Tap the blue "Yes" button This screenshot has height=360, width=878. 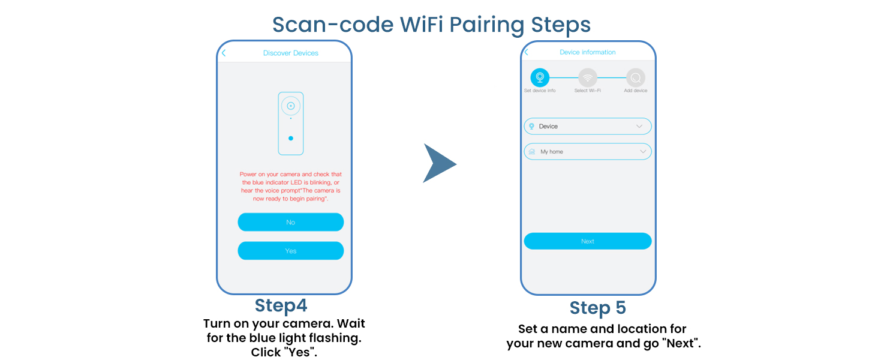tap(290, 251)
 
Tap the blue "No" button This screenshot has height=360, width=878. tap(290, 222)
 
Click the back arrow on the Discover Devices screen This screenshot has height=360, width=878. tap(224, 53)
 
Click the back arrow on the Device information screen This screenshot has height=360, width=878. tap(527, 52)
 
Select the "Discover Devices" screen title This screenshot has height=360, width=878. tap(290, 53)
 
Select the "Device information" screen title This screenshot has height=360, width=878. tap(587, 52)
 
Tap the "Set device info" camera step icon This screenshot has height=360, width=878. tap(540, 77)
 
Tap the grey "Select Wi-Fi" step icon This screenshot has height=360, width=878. tap(587, 77)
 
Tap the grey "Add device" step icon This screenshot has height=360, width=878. tap(635, 77)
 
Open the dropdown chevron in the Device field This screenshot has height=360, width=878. tap(639, 127)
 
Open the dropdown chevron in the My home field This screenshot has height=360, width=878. tap(643, 152)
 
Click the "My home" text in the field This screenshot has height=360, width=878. tap(551, 152)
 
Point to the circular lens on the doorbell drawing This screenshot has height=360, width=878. tap(290, 106)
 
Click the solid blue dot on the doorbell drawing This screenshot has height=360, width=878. tap(291, 138)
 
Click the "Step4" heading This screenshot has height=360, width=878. tap(281, 305)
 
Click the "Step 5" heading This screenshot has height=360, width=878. tap(597, 308)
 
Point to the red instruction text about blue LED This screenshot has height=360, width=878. tap(290, 186)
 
